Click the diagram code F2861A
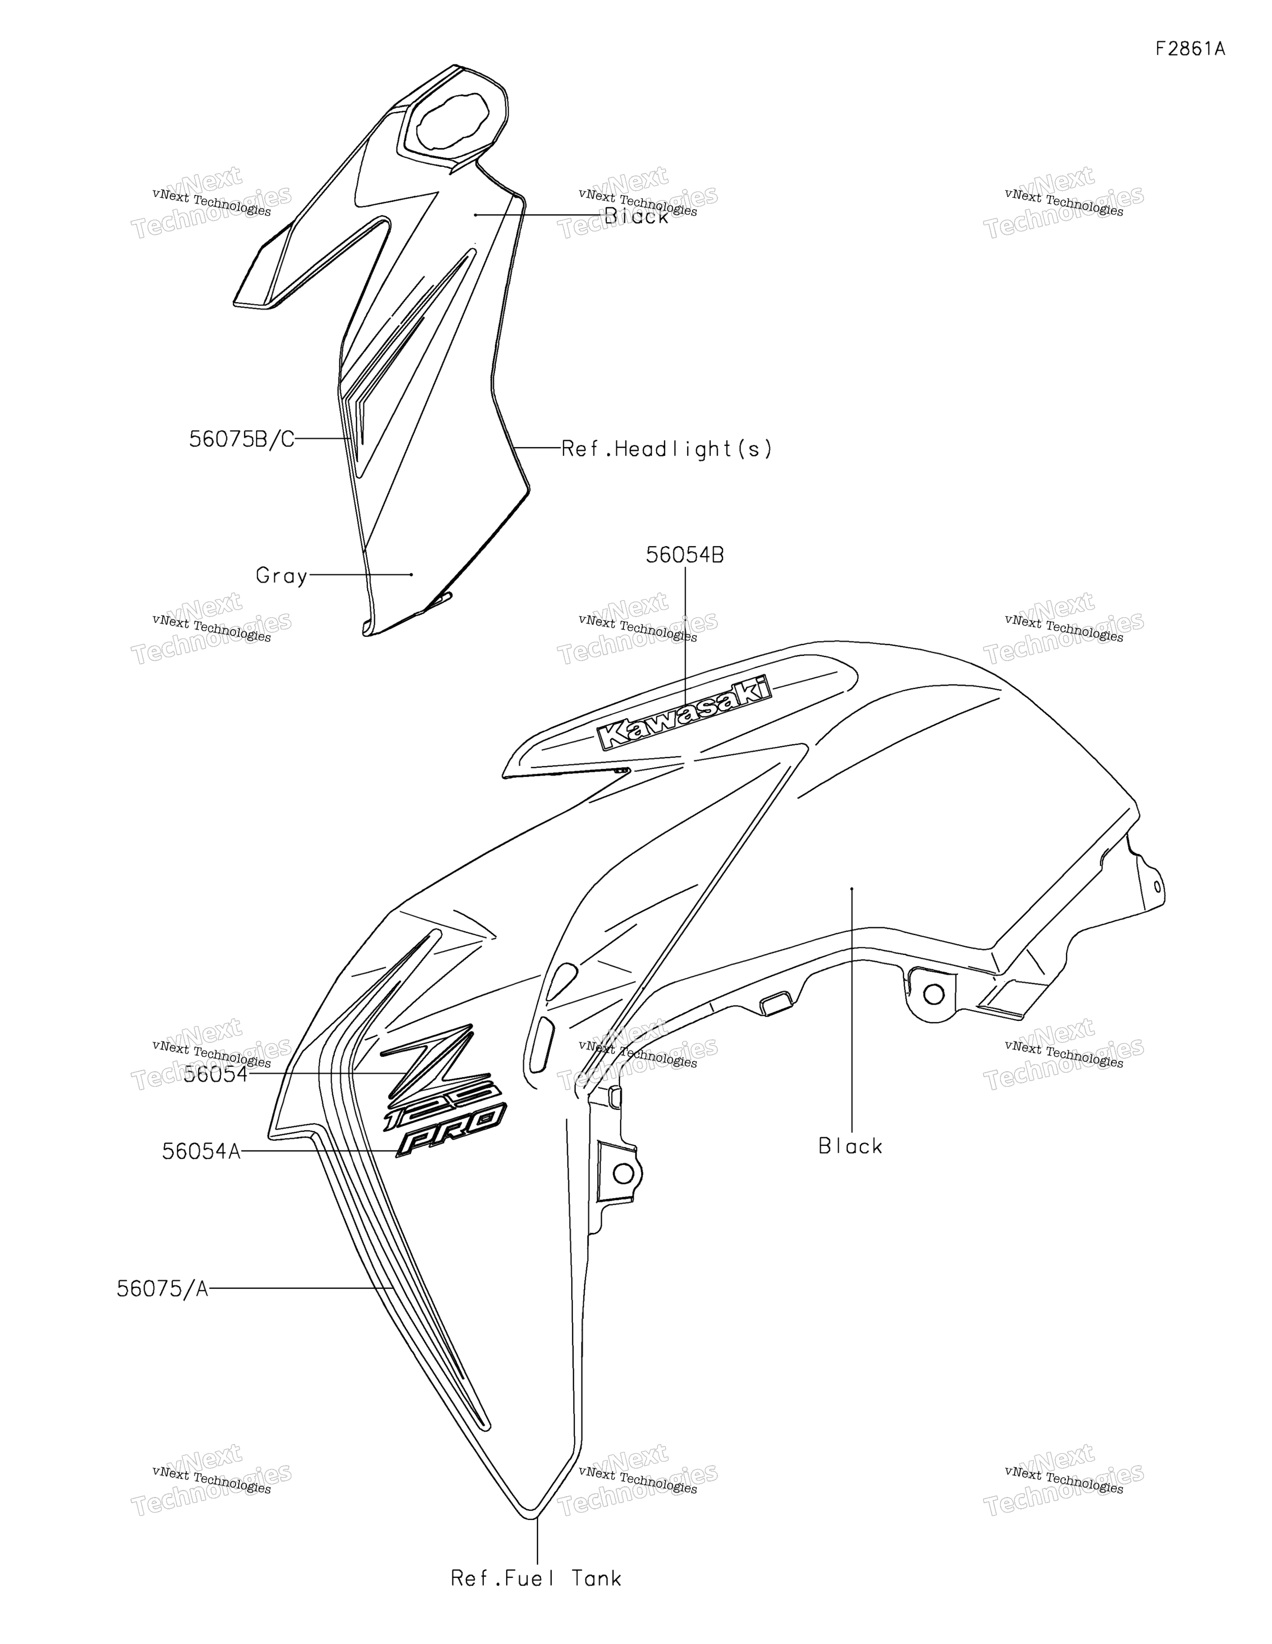pos(1190,49)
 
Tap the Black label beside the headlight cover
pos(637,217)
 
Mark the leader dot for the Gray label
pos(411,575)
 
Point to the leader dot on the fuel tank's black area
pos(851,889)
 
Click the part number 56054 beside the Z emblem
pos(215,1074)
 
